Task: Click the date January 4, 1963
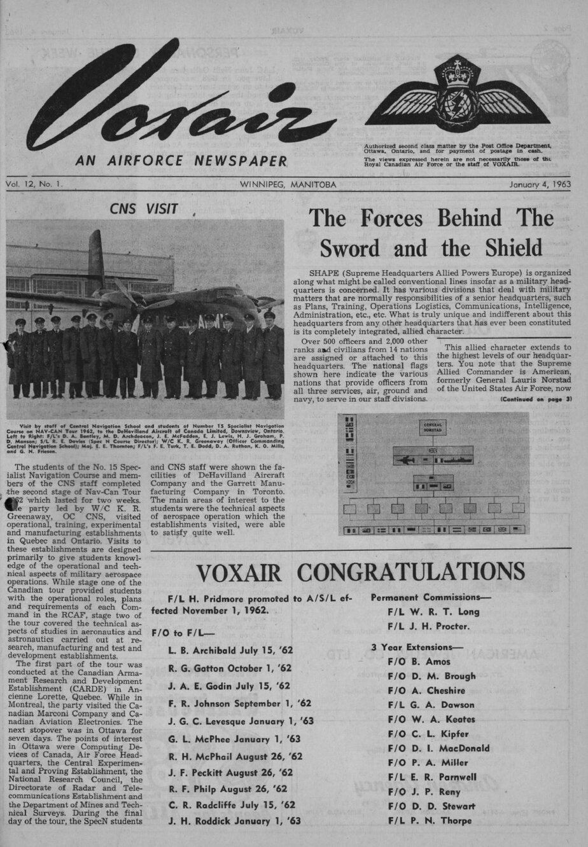(540, 184)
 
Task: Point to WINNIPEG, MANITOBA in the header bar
(288, 184)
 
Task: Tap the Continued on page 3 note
(536, 399)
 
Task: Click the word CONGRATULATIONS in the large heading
(411, 571)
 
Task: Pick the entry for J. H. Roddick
(234, 821)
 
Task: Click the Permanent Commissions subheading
(425, 598)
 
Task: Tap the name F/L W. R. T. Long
(433, 612)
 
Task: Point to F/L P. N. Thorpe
(430, 821)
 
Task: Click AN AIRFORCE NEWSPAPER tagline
(181, 162)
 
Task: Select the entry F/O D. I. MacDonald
(438, 748)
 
